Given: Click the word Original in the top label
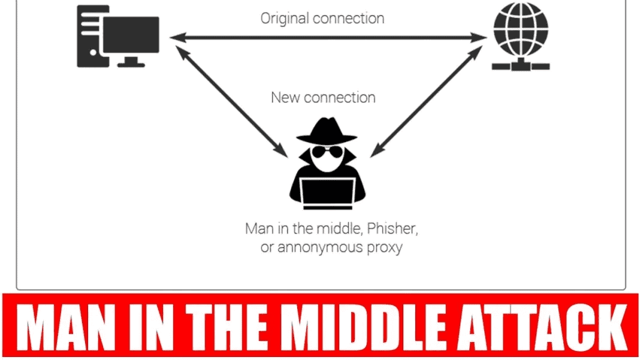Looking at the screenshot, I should [285, 18].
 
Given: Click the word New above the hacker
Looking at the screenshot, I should [285, 97].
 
